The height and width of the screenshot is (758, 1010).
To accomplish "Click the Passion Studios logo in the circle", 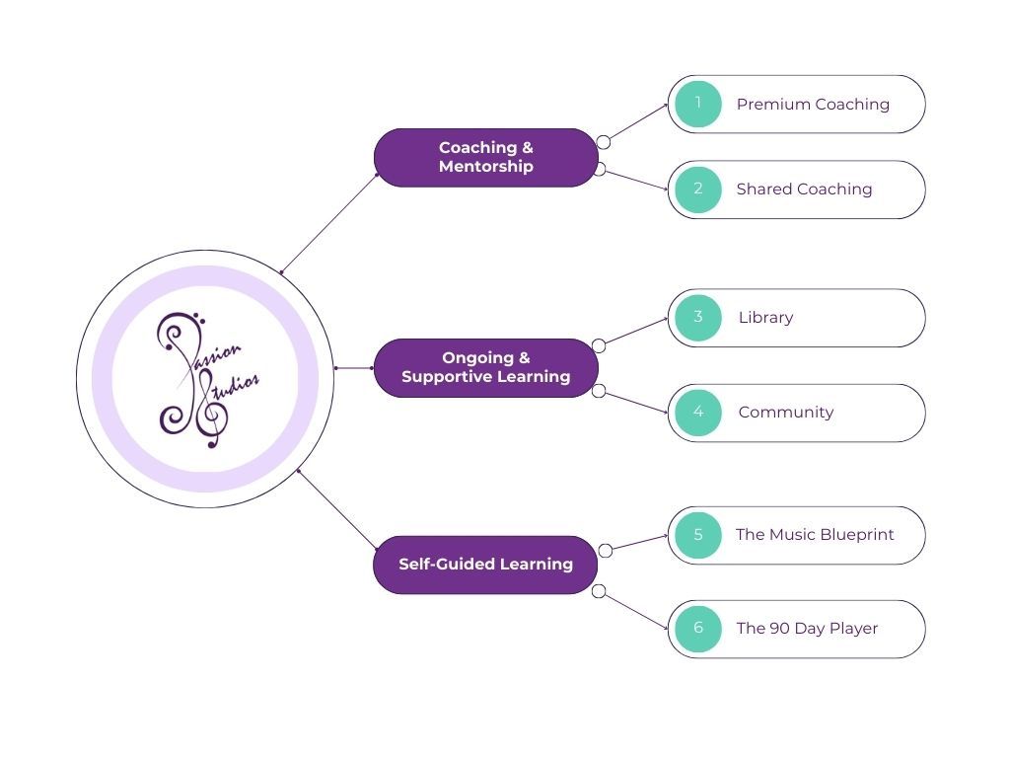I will [205, 379].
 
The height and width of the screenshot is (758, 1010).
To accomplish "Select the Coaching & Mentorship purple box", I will [485, 157].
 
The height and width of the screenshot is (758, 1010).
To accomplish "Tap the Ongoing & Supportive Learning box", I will [485, 367].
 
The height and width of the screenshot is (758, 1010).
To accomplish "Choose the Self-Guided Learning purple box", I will [485, 565].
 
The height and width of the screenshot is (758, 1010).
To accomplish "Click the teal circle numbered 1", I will [698, 104].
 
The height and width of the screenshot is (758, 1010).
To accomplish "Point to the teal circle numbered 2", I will [698, 189].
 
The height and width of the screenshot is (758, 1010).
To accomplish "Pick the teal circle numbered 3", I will [698, 317].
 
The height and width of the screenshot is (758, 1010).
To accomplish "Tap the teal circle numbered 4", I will [698, 412].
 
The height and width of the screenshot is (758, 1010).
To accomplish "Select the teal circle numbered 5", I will [698, 535].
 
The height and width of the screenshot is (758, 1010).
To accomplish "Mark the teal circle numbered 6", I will [698, 629].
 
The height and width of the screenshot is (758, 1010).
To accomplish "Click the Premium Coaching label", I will [813, 104].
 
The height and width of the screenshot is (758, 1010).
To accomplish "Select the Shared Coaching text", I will [804, 189].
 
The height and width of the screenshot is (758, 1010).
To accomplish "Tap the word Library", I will [765, 317].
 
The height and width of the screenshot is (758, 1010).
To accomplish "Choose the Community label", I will [785, 412].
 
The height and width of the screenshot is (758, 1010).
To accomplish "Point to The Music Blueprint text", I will [815, 535].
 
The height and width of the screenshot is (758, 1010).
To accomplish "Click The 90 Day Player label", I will [807, 629].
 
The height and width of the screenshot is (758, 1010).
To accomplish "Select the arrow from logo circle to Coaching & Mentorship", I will [330, 223].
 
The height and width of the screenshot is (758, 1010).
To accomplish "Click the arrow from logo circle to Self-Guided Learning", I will [337, 509].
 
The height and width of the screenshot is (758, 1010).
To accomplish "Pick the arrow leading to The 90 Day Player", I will [636, 611].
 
